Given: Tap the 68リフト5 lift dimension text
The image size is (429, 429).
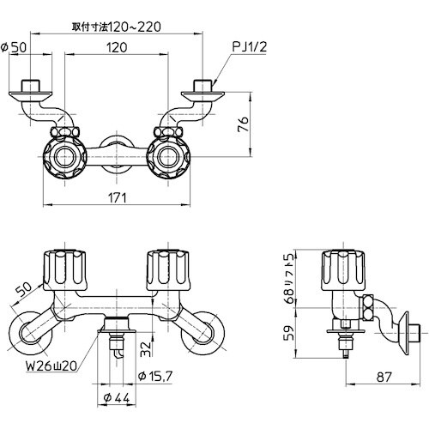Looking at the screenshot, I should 291,279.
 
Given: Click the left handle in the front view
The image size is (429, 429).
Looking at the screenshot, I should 67,270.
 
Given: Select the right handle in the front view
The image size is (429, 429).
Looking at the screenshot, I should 167,270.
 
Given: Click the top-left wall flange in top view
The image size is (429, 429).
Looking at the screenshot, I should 32,91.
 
